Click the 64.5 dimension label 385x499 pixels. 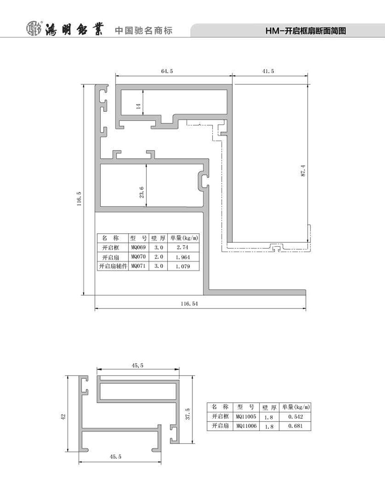pos(167,71)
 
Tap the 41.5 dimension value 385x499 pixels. pos(268,71)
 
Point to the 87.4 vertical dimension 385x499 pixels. pos(303,171)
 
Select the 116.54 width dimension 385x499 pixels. pos(189,303)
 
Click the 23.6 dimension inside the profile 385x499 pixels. pos(142,192)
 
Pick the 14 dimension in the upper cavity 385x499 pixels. pos(138,106)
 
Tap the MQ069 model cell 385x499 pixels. pos(139,247)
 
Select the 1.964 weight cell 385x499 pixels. pos(183,257)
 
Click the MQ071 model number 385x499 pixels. pos(139,266)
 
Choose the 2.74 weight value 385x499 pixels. pos(182,247)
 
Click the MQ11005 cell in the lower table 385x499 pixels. pos(246,416)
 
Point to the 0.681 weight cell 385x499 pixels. pos(295,426)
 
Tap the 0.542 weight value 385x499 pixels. pos(295,417)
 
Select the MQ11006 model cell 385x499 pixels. pos(246,426)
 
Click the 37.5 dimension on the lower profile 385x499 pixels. pos(188,414)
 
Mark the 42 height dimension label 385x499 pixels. pos(63,417)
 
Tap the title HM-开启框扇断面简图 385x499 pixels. pos(306,31)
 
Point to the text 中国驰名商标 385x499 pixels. pos(144,30)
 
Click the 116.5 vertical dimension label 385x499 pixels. pos(79,199)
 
